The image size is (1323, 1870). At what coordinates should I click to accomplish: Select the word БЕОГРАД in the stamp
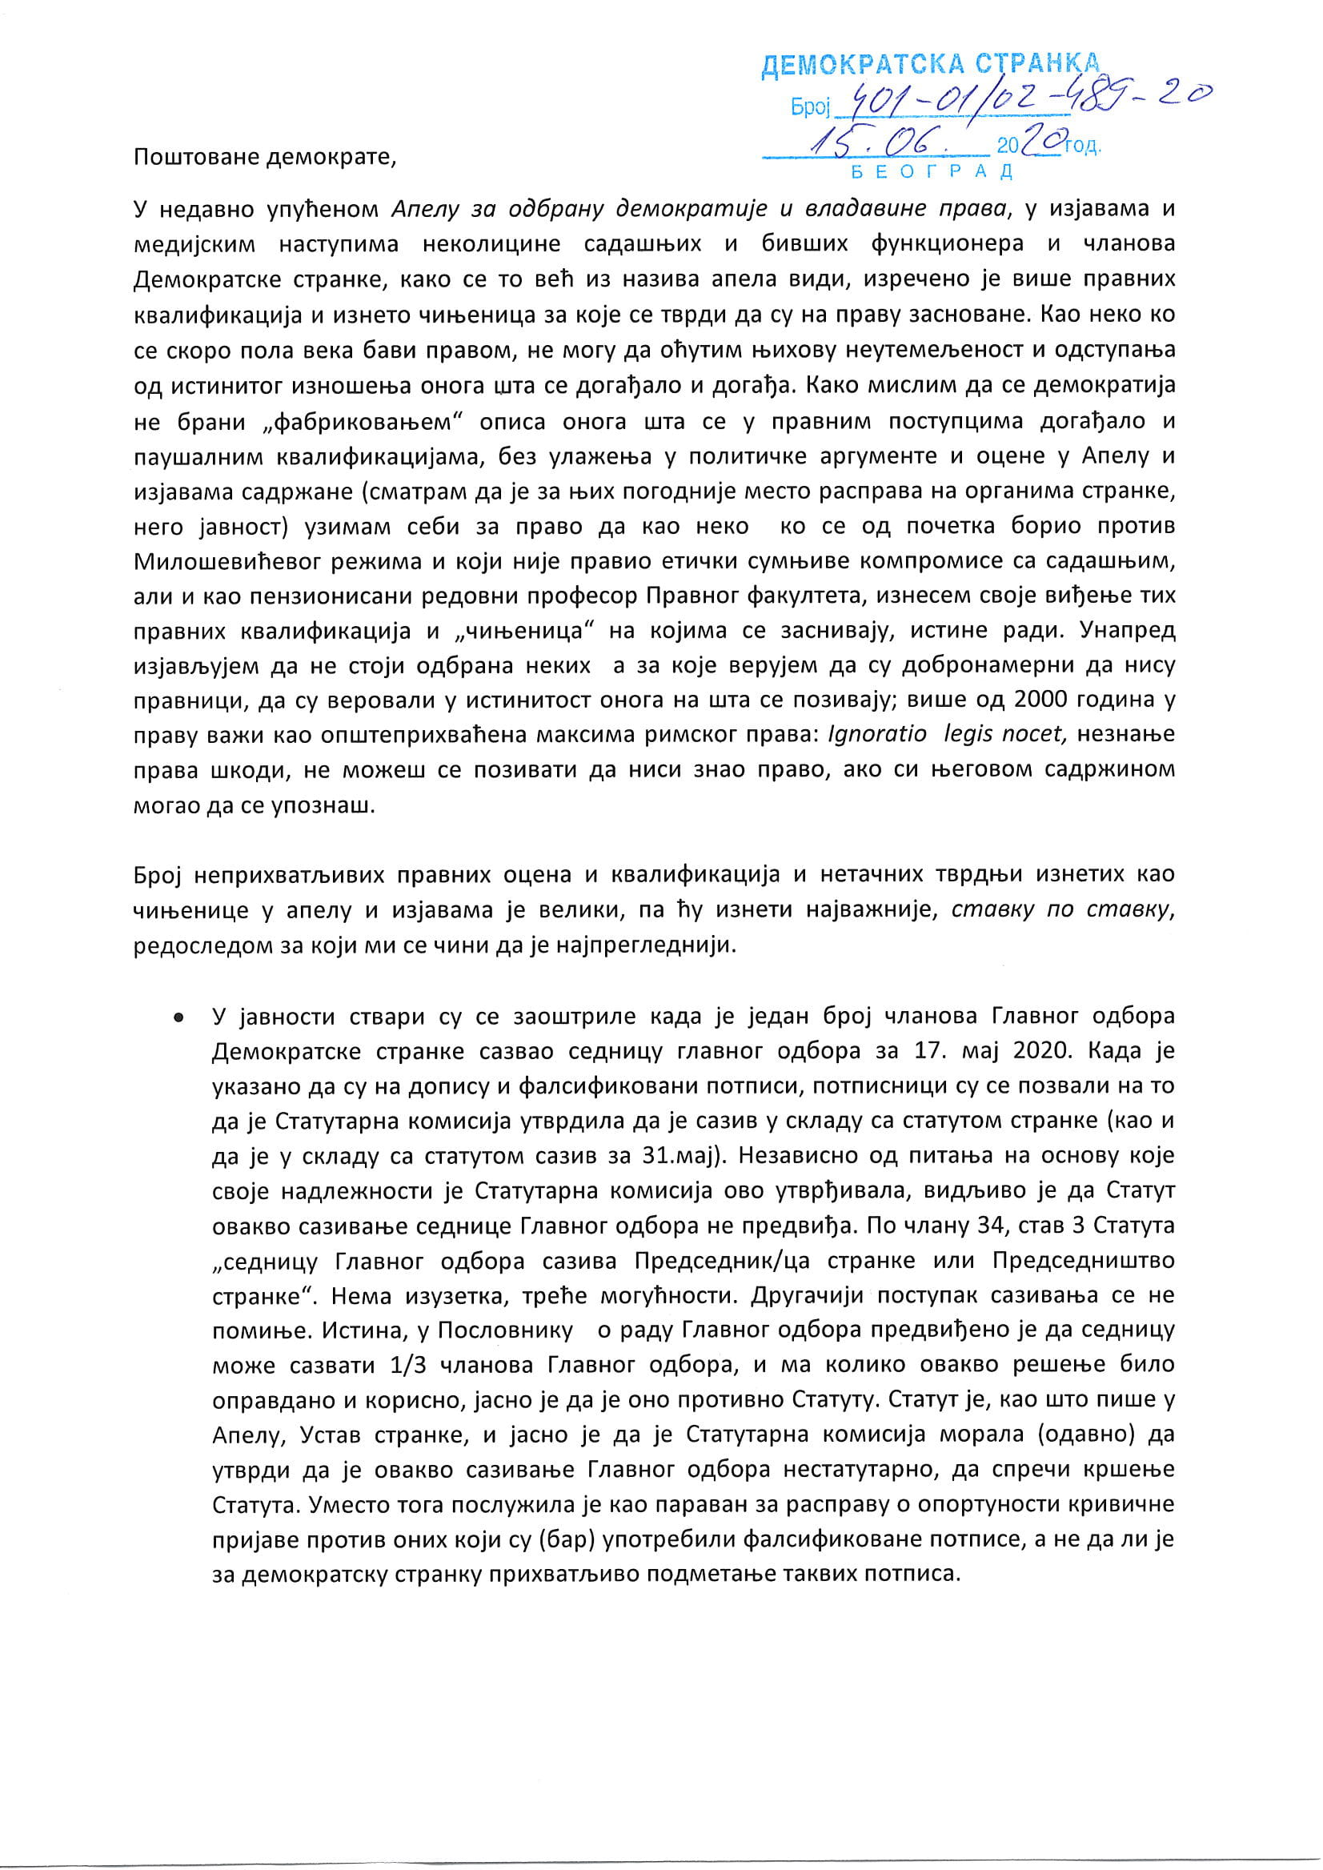pyautogui.click(x=932, y=172)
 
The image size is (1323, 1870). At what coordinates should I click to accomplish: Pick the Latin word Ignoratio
pyautogui.click(x=876, y=734)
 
